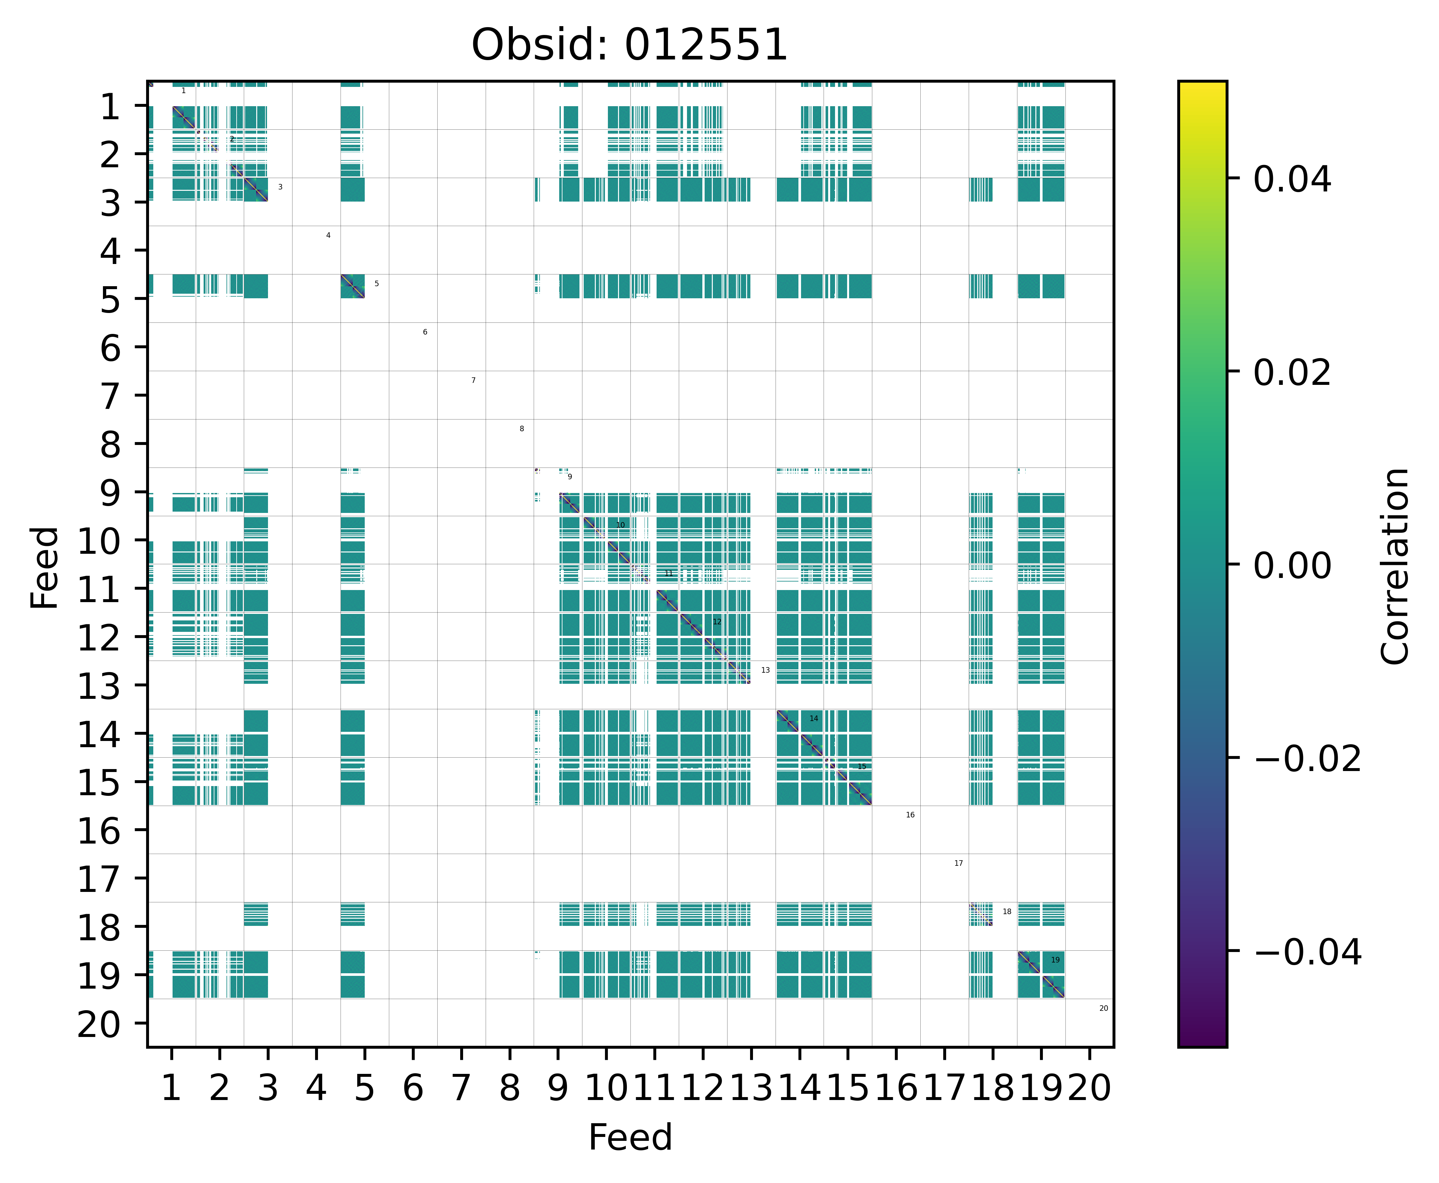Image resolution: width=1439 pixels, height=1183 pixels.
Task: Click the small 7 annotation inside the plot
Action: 473,380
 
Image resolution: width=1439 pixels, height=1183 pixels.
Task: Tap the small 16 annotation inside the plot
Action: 910,815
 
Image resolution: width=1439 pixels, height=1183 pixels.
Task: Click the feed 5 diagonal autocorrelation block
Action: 352,286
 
